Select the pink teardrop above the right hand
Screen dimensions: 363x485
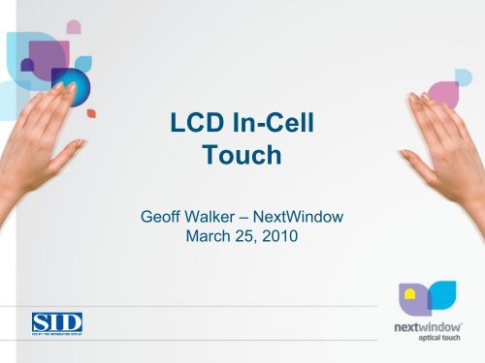[443, 92]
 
